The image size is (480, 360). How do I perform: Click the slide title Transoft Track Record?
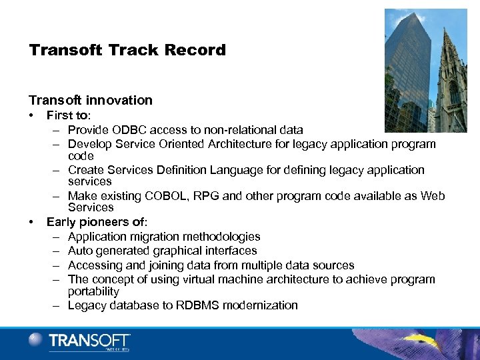coord(127,50)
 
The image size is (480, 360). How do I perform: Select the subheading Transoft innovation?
coord(91,100)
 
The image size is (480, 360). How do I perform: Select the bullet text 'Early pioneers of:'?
coord(97,221)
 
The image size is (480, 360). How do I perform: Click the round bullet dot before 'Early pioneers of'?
coord(32,221)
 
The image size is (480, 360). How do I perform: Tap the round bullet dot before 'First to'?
coord(32,115)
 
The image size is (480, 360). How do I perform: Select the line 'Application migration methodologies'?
coord(164,237)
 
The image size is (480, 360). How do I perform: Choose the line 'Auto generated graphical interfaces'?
coord(162,251)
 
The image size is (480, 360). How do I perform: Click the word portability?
coord(93,291)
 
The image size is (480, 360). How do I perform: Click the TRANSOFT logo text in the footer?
coord(89,341)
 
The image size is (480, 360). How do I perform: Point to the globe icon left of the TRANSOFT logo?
coord(36,340)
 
